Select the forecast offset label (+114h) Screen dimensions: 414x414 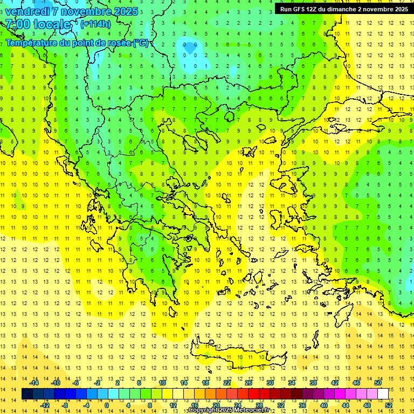point(95,24)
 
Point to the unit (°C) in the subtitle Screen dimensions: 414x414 point(141,43)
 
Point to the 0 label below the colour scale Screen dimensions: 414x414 point(106,405)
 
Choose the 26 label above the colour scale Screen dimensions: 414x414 point(249,383)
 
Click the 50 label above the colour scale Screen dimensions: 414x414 point(377,383)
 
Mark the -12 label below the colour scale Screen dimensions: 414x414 point(45,405)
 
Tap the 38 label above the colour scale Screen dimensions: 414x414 point(313,383)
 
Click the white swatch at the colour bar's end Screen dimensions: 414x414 point(383,394)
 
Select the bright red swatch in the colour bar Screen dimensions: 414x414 point(254,394)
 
